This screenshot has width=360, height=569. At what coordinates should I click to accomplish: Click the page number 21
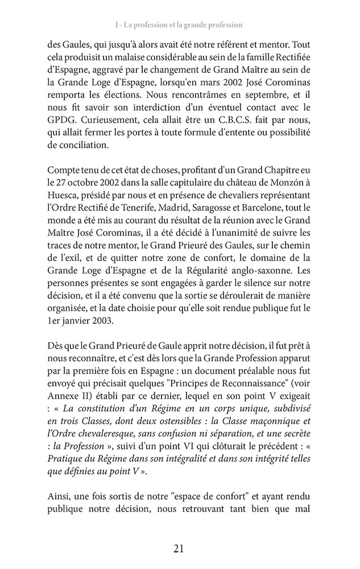[179, 549]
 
